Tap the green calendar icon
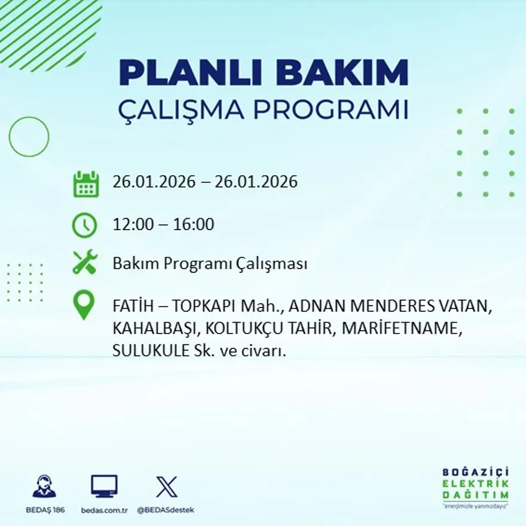pyautogui.click(x=85, y=184)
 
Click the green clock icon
pyautogui.click(x=85, y=225)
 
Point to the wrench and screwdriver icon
pyautogui.click(x=85, y=263)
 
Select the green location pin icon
pyautogui.click(x=84, y=305)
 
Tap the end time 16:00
pyautogui.click(x=194, y=225)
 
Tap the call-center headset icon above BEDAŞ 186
pyautogui.click(x=44, y=487)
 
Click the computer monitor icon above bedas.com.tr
pyautogui.click(x=104, y=486)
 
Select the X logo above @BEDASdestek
pyautogui.click(x=166, y=486)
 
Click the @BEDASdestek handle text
pyautogui.click(x=166, y=510)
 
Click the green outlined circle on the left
pyautogui.click(x=29, y=137)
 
